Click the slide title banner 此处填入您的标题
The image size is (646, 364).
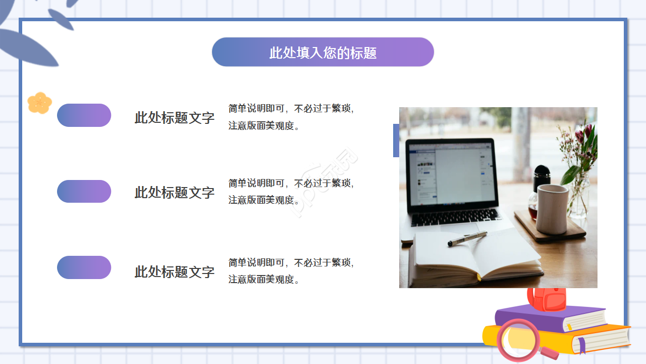(x=323, y=52)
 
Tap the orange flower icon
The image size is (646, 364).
(x=39, y=103)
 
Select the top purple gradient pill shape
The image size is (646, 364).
(x=84, y=115)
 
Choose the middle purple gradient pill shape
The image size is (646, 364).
(x=84, y=192)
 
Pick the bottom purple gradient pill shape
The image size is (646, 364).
(x=84, y=267)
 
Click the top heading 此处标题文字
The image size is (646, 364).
(x=175, y=118)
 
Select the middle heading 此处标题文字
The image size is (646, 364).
(x=175, y=193)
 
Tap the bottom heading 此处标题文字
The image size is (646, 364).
(x=175, y=272)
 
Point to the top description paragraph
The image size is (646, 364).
(x=291, y=117)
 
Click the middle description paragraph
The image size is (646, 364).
(x=291, y=192)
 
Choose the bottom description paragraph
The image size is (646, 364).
(x=291, y=271)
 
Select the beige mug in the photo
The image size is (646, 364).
(x=552, y=208)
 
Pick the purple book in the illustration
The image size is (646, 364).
(x=550, y=318)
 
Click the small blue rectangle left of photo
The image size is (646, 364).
(x=396, y=141)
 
